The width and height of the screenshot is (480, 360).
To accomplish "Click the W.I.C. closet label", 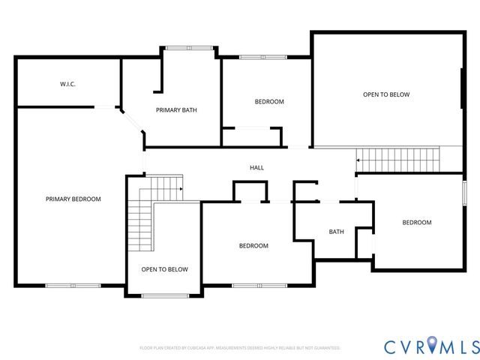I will click(x=67, y=84).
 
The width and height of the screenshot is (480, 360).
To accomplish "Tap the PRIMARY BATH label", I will click(x=176, y=110).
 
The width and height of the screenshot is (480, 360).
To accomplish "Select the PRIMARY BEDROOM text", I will click(x=73, y=199).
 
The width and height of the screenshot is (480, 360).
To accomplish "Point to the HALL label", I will click(x=256, y=167).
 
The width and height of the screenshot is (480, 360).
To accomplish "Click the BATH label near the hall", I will click(x=337, y=231).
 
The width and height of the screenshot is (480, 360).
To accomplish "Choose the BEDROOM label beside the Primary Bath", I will click(x=269, y=101).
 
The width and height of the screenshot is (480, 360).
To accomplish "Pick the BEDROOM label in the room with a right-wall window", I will click(x=416, y=222).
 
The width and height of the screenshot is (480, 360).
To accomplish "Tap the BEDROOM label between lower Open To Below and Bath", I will click(x=253, y=245).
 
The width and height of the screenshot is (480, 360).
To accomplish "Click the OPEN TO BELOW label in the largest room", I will click(x=386, y=94).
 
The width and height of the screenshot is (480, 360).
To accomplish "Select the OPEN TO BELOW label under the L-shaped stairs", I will click(x=164, y=269).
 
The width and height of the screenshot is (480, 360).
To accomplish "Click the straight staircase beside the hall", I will click(x=397, y=159).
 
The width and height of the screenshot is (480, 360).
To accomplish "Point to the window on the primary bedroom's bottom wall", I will click(x=73, y=285).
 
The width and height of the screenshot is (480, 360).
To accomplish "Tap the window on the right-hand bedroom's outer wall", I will click(x=464, y=192).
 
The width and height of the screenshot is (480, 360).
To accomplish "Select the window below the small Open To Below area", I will click(x=165, y=295).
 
